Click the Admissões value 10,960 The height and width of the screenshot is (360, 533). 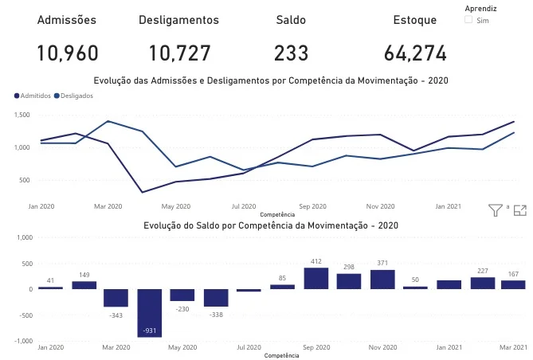tap(68, 54)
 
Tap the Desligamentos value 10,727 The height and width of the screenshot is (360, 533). tap(179, 54)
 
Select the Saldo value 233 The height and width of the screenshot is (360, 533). tap(291, 54)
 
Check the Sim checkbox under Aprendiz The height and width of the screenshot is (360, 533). tap(468, 20)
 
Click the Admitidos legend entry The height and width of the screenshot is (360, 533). tap(34, 96)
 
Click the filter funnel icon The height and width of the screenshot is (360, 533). tap(495, 210)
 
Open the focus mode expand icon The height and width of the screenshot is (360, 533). tap(520, 210)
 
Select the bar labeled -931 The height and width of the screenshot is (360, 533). tap(150, 312)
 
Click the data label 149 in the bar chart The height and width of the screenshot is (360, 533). tap(84, 276)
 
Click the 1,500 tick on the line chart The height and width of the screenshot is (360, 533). tap(22, 115)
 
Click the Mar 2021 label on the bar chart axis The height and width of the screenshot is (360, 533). tap(512, 348)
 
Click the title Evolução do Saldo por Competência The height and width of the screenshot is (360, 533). tap(271, 225)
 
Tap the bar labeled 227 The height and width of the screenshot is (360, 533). tap(483, 283)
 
